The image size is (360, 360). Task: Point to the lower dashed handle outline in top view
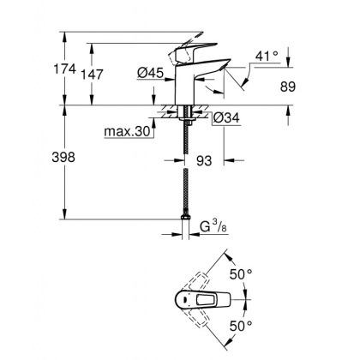point(209,324)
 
